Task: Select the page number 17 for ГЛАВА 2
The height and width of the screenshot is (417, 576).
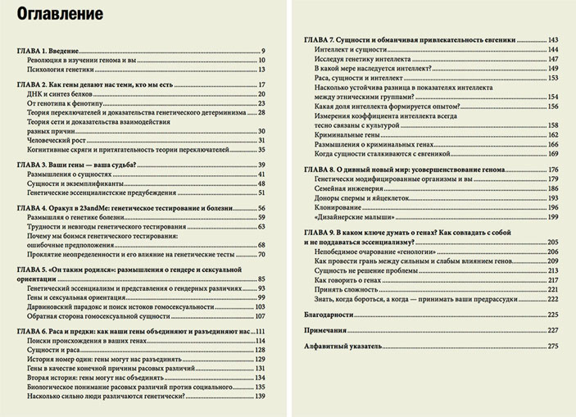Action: point(263,86)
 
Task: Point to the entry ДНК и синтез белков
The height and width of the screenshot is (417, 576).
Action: point(60,95)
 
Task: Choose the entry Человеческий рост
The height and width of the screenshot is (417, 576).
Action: point(58,140)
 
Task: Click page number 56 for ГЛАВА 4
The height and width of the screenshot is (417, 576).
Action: point(263,210)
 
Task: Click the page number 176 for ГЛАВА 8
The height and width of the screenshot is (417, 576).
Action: point(553,169)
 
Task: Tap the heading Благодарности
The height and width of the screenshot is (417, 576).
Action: point(329,315)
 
